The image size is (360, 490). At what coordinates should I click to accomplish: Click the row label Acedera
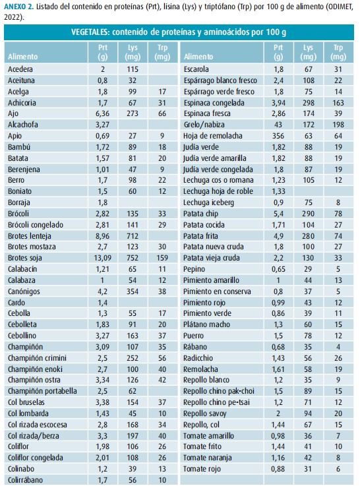click(x=20, y=69)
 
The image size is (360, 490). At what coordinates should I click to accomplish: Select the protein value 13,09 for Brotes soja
click(x=103, y=258)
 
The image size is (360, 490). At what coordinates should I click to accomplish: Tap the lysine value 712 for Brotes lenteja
click(x=133, y=235)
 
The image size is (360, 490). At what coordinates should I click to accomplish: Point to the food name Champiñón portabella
click(x=42, y=391)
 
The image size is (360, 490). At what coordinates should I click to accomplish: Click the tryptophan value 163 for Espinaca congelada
click(x=338, y=102)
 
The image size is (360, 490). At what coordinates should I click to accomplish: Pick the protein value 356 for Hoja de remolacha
click(x=278, y=136)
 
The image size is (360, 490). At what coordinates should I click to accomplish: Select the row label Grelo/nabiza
click(x=204, y=125)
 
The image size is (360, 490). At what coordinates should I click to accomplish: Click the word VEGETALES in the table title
click(x=90, y=32)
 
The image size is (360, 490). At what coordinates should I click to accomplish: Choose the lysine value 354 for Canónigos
click(x=133, y=291)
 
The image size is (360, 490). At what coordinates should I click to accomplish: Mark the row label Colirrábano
click(x=25, y=480)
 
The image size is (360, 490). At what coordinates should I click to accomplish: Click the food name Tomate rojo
click(x=202, y=469)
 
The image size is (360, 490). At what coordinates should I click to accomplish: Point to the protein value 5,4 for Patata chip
click(x=278, y=214)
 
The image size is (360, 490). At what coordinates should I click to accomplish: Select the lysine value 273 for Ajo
click(x=133, y=113)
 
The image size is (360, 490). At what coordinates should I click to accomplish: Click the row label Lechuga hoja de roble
click(x=218, y=191)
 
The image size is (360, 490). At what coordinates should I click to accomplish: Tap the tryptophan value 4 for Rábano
click(x=338, y=347)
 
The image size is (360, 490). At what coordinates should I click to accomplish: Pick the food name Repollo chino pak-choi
click(x=219, y=391)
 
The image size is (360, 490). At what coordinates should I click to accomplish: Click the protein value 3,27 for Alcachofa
click(x=102, y=125)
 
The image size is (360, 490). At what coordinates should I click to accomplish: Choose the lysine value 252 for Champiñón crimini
click(x=133, y=358)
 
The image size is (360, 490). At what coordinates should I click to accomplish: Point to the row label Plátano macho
click(x=206, y=324)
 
